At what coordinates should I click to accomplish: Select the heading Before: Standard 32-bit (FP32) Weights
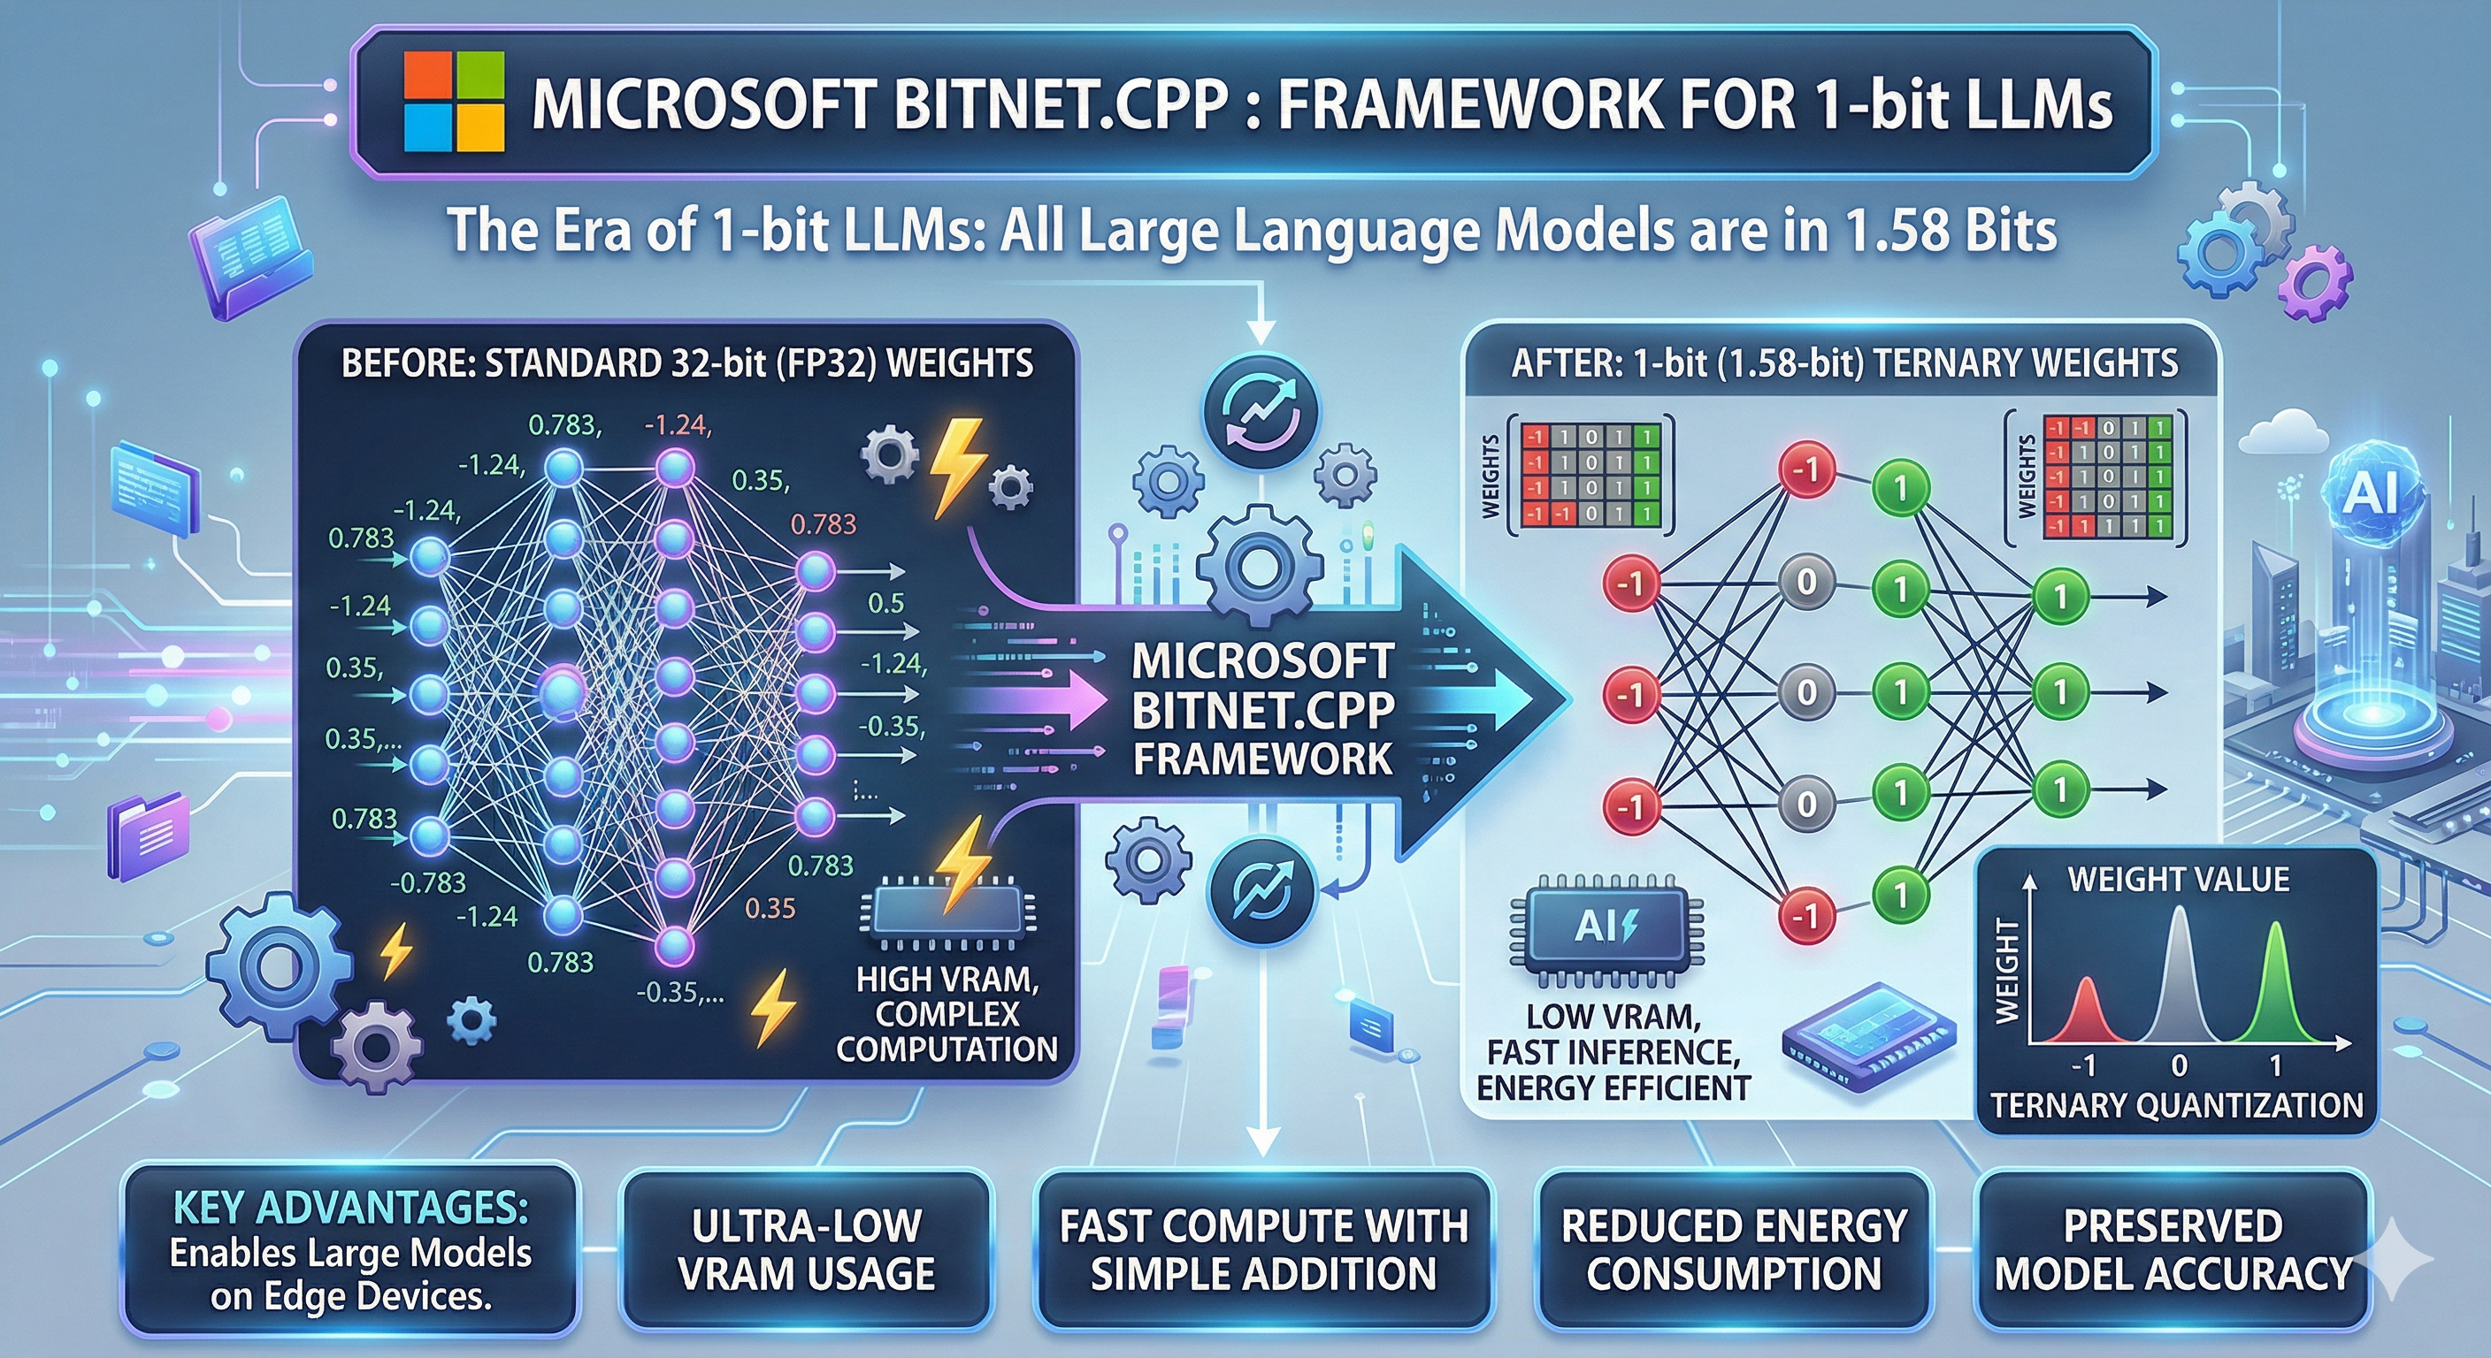pos(686,363)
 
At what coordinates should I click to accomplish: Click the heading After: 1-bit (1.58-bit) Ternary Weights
pos(1844,363)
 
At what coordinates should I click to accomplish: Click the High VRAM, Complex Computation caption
pos(947,1014)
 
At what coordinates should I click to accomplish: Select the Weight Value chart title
pos(2178,879)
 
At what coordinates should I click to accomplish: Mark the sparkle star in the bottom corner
pos(2404,1258)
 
